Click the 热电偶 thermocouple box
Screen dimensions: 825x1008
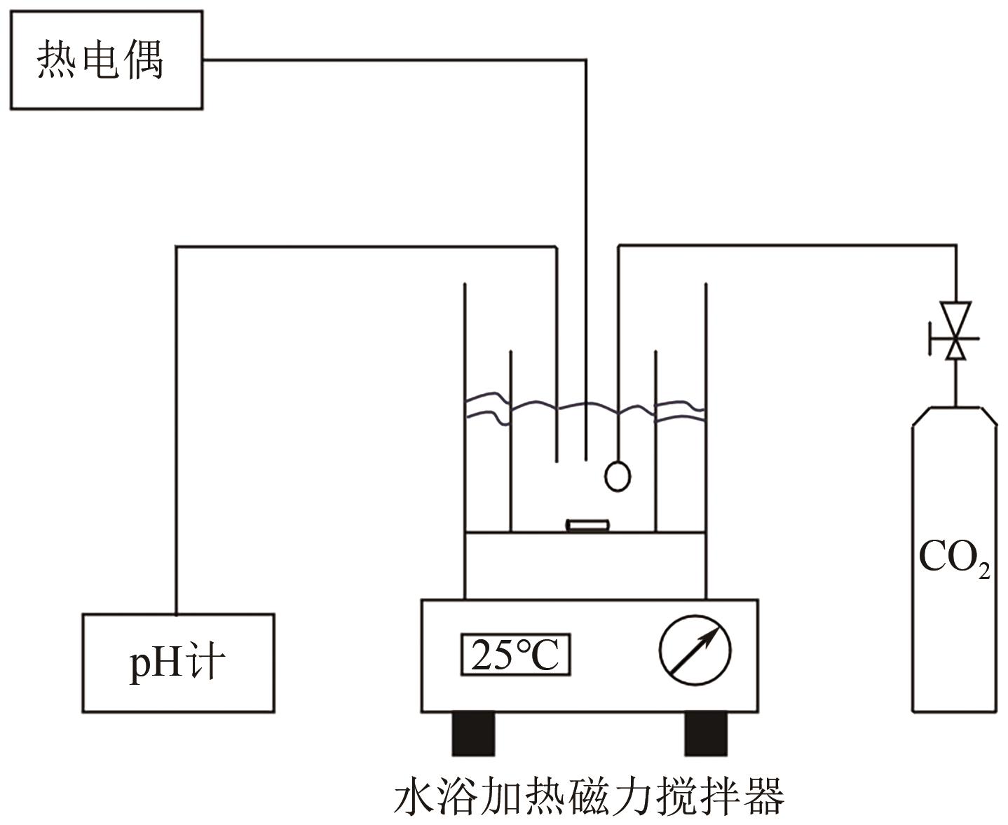106,60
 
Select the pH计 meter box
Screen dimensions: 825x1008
178,662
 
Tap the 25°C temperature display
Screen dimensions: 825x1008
515,655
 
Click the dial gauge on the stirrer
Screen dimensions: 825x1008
695,650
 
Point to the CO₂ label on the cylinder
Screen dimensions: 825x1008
954,559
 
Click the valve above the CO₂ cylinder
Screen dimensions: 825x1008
955,331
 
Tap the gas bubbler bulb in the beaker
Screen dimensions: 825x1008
617,476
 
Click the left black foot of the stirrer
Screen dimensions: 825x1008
472,733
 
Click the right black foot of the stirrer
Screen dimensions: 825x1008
705,733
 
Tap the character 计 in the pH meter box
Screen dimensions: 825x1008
205,662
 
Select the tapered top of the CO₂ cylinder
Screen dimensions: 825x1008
954,416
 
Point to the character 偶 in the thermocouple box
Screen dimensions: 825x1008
144,60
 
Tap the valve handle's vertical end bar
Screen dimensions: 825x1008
930,338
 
